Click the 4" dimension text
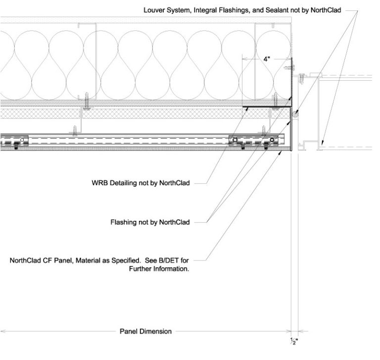(x=267, y=59)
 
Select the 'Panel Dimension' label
(x=146, y=331)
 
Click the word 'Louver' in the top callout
(x=155, y=10)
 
